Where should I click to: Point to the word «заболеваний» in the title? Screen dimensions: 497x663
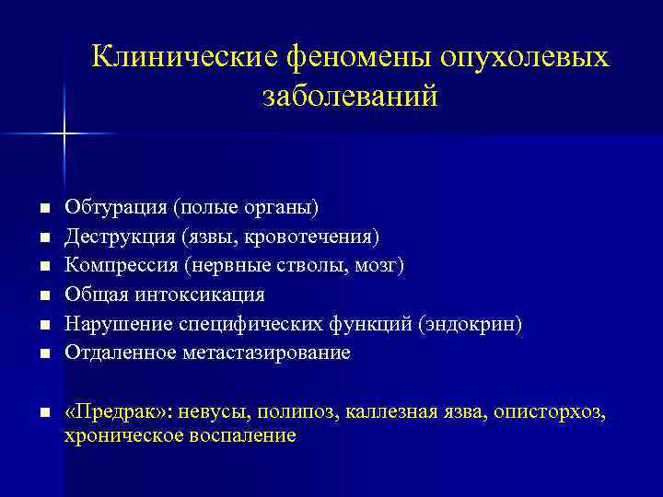coord(349,96)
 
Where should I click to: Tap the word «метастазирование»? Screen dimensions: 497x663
coord(273,353)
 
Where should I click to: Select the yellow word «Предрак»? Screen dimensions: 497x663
coord(114,411)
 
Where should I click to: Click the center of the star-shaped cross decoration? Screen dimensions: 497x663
coord(64,134)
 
